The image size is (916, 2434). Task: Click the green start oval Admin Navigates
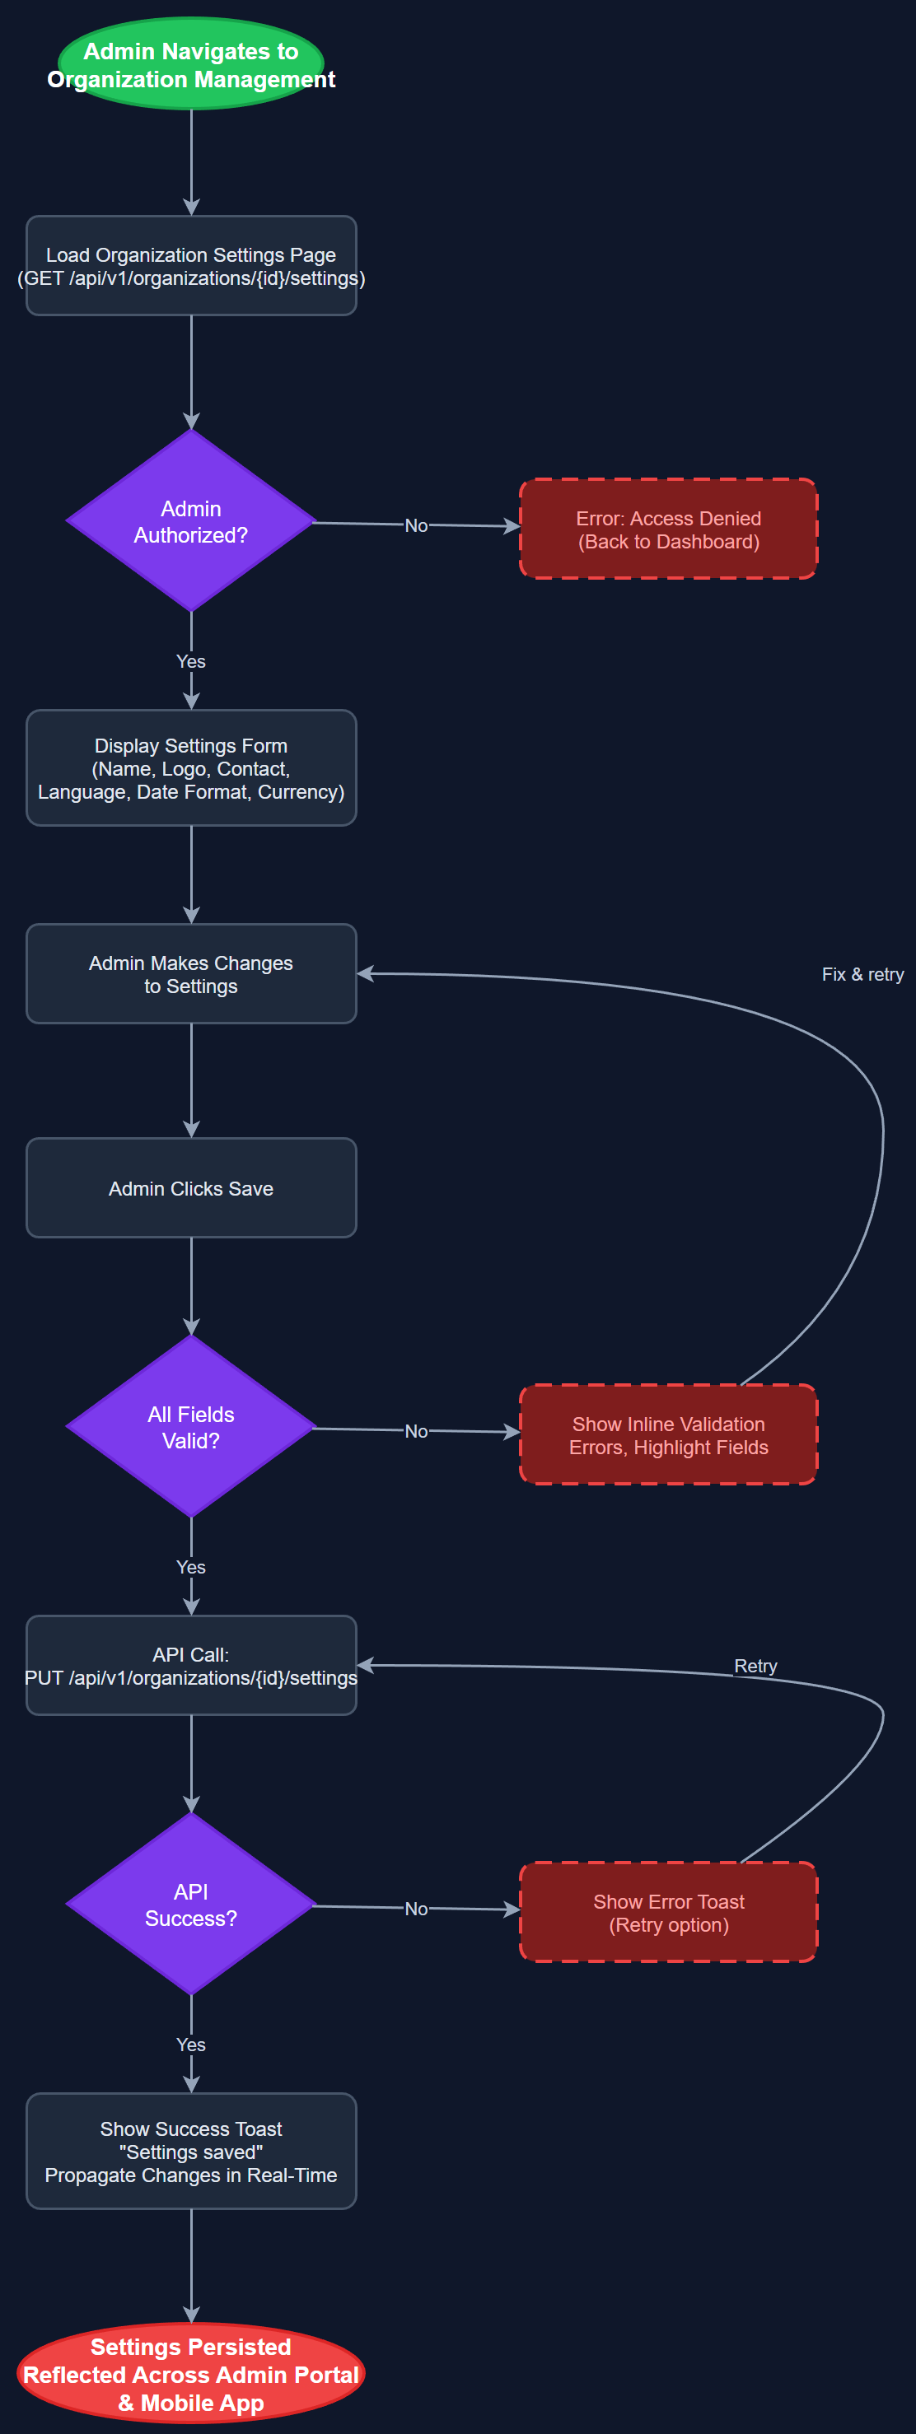pos(191,64)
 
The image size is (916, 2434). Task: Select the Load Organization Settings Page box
pos(191,265)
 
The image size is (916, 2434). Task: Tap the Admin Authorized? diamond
pos(191,520)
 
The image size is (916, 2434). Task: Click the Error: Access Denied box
pos(668,529)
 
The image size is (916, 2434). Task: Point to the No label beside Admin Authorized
pos(416,525)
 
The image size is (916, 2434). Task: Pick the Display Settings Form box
pos(191,768)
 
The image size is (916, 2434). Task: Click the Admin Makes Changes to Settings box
pos(191,974)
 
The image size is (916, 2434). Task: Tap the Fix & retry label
pos(862,974)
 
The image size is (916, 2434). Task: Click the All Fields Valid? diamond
pos(191,1427)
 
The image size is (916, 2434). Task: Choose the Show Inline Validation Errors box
pos(668,1434)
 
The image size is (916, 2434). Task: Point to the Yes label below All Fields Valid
pos(191,1567)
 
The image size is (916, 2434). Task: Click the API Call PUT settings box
pos(191,1665)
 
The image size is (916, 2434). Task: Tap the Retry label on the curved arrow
pos(755,1666)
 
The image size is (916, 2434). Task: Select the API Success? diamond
pos(191,1904)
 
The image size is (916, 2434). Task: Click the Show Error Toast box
pos(668,1913)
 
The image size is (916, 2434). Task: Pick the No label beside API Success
pos(416,1909)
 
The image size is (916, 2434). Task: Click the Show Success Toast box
pos(191,2152)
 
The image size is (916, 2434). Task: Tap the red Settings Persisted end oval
pos(191,2374)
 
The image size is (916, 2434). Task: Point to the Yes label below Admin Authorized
pos(191,661)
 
